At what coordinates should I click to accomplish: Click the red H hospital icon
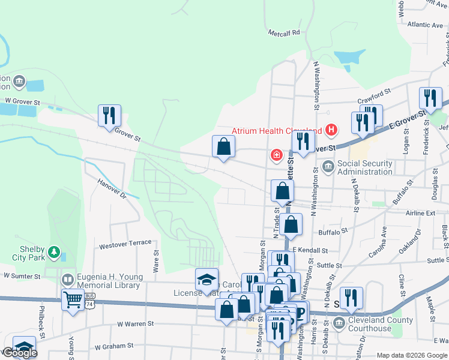[330, 130]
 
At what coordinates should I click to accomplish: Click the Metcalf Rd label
[283, 33]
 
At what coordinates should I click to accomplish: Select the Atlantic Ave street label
[424, 25]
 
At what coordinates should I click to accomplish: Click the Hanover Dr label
[112, 188]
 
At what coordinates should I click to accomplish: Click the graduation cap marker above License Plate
[206, 279]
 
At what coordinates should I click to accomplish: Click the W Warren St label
[136, 324]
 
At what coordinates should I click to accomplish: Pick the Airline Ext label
[420, 213]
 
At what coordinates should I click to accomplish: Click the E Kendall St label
[310, 250]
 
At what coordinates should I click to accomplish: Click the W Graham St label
[113, 346]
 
